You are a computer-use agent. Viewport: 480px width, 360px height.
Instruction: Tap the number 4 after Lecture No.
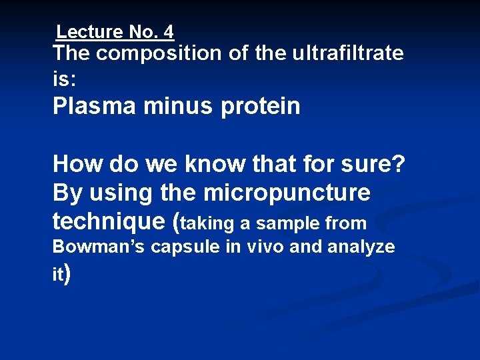[x=168, y=31]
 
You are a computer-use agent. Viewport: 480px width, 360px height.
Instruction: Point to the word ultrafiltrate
[x=347, y=53]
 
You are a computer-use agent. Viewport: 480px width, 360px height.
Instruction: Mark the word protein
[x=260, y=106]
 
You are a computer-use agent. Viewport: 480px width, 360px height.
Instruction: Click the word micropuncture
[x=287, y=193]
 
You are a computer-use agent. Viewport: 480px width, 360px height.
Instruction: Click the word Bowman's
[x=99, y=247]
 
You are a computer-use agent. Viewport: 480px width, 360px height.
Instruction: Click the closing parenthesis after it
[x=67, y=273]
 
